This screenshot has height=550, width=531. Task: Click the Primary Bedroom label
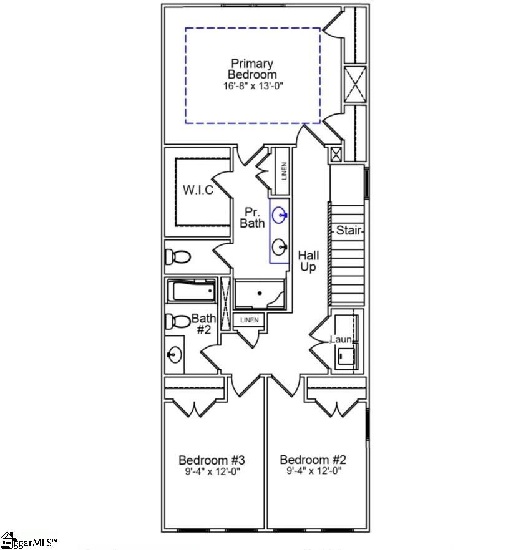[252, 69]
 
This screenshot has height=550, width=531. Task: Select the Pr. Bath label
[253, 217]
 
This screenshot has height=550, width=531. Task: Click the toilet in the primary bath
[177, 256]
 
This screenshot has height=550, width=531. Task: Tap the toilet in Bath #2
[177, 322]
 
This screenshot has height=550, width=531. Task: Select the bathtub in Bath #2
[191, 291]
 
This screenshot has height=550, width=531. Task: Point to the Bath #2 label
[203, 324]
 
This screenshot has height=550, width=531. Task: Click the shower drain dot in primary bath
[259, 293]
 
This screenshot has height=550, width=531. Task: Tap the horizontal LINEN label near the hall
[249, 321]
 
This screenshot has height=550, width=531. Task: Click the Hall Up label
[308, 261]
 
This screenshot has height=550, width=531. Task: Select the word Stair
[349, 231]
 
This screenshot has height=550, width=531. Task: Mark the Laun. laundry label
[341, 339]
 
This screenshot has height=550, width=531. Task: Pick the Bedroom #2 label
[313, 460]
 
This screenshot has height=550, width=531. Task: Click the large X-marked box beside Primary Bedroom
[353, 84]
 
